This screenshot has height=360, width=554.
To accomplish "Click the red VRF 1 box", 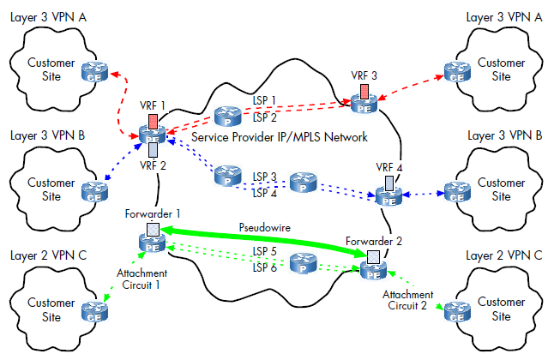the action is pyautogui.click(x=153, y=121).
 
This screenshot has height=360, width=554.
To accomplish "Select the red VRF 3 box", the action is pyautogui.click(x=364, y=91).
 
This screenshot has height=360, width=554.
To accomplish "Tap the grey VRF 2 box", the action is pyautogui.click(x=153, y=150).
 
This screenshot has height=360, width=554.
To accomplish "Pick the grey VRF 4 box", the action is pyautogui.click(x=389, y=183).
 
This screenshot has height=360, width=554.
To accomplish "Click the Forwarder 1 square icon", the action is pyautogui.click(x=153, y=229).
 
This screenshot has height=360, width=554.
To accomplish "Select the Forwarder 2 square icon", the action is pyautogui.click(x=373, y=257).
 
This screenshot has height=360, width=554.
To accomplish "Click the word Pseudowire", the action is pyautogui.click(x=265, y=227).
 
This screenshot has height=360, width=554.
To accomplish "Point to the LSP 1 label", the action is pyautogui.click(x=264, y=100).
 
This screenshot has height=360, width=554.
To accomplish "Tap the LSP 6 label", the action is pyautogui.click(x=265, y=267).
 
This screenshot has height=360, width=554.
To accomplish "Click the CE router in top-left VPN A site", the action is pyautogui.click(x=94, y=72).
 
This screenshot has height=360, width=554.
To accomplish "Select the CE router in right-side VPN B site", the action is pyautogui.click(x=457, y=192).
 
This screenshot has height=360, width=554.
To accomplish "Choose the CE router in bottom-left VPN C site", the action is pyautogui.click(x=94, y=312).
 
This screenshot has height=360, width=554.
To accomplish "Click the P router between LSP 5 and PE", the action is pyautogui.click(x=303, y=263).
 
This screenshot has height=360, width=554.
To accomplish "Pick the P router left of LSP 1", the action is pyautogui.click(x=228, y=117).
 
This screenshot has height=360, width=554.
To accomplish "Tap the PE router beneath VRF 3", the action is pyautogui.click(x=364, y=104).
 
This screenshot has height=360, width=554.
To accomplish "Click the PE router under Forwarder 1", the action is pyautogui.click(x=153, y=243).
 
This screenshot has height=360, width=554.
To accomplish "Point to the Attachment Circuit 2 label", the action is pyautogui.click(x=407, y=300).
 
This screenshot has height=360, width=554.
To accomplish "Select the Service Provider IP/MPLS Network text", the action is pyautogui.click(x=279, y=137).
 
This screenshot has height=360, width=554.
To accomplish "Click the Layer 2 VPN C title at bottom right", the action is pyautogui.click(x=503, y=255).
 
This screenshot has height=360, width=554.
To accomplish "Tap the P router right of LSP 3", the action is pyautogui.click(x=303, y=183).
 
